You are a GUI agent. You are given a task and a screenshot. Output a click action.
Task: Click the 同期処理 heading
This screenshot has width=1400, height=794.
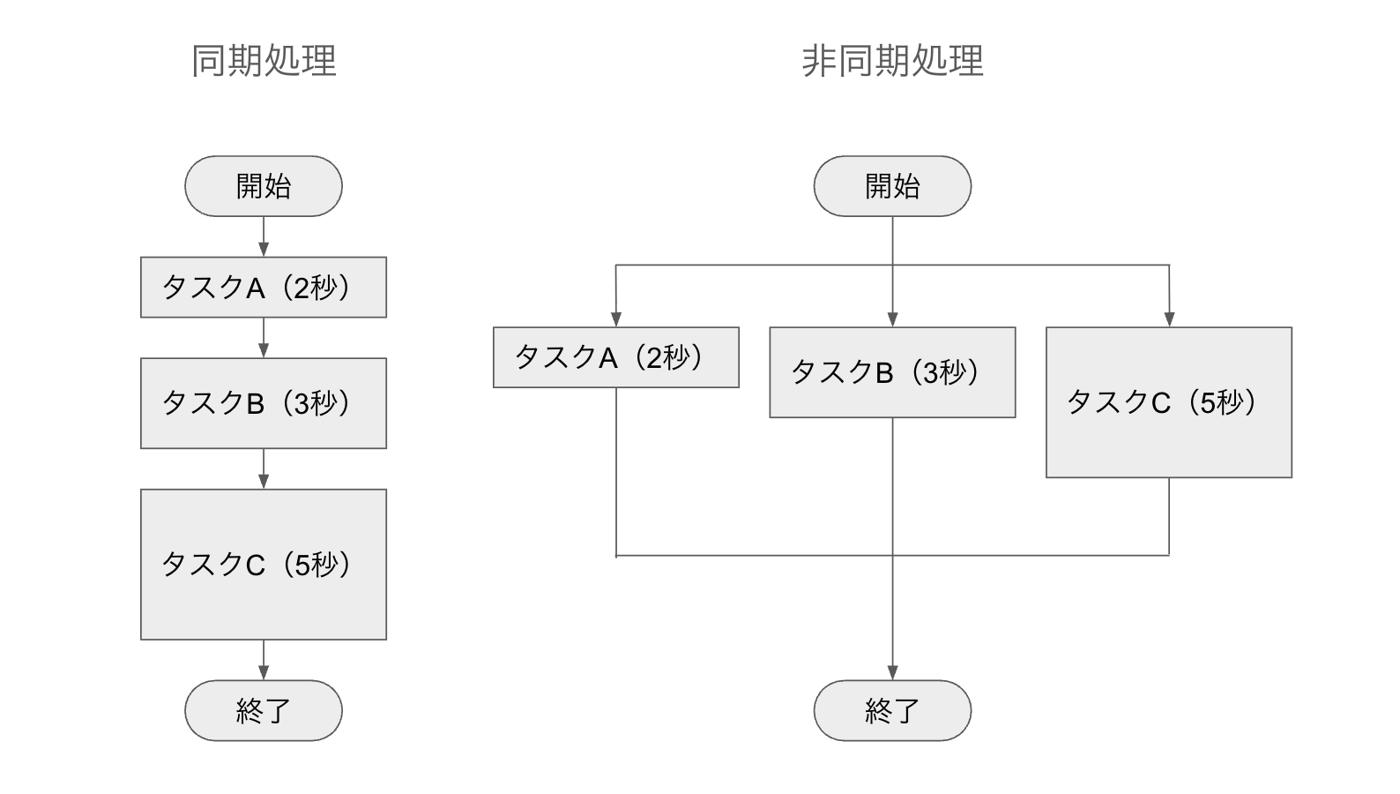(x=264, y=61)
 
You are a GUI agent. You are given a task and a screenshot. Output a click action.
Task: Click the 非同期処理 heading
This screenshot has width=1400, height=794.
(x=892, y=61)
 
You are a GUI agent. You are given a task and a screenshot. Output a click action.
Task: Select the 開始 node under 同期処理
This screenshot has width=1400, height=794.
(x=264, y=186)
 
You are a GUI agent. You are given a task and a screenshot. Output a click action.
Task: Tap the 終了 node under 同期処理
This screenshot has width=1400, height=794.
(x=264, y=710)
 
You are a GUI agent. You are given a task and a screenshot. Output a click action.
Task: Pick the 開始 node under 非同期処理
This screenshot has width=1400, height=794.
(x=892, y=186)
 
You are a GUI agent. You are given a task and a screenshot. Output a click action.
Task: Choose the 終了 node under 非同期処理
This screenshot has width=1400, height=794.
(x=892, y=710)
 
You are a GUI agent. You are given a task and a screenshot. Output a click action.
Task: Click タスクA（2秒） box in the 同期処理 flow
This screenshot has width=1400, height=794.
(x=264, y=287)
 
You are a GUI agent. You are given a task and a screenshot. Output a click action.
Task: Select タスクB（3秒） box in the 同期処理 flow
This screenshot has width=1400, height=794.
(x=264, y=403)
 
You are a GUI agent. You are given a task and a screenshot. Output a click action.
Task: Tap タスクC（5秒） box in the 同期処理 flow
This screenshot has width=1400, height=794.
(x=264, y=565)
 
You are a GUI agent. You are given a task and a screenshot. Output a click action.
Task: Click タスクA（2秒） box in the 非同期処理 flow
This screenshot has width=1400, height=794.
(x=615, y=357)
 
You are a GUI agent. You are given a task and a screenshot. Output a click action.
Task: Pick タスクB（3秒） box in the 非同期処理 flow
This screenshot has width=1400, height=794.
(x=892, y=372)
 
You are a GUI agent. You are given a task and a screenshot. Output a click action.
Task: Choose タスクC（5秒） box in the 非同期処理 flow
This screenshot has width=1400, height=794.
(x=1169, y=402)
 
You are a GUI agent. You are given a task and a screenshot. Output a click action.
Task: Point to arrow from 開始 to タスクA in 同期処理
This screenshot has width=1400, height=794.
(x=264, y=236)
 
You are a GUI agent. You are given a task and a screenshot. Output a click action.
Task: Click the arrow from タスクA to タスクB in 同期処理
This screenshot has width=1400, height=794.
(x=264, y=338)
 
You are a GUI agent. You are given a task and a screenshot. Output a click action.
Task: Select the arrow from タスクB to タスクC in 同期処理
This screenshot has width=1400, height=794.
(x=264, y=468)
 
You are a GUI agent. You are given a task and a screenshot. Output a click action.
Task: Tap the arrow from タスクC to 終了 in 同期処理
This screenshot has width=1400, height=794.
(x=264, y=660)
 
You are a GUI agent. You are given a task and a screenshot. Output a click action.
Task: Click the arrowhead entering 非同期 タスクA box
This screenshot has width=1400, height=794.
(x=615, y=319)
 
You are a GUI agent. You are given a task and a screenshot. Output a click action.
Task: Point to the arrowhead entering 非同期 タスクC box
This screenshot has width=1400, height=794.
(x=1169, y=319)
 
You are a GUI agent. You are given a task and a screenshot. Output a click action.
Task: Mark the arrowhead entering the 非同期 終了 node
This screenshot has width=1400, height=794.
(x=892, y=672)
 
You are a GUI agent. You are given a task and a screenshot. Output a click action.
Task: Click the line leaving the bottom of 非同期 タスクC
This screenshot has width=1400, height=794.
(x=1169, y=516)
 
